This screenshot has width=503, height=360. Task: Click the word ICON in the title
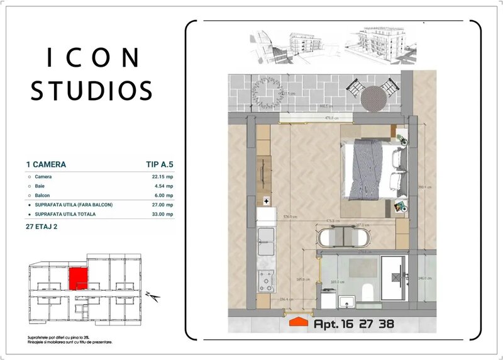93,58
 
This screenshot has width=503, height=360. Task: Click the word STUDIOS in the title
92,90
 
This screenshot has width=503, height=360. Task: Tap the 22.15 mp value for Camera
160,177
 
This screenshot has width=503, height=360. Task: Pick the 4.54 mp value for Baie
162,186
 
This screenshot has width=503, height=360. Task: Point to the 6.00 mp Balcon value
162,196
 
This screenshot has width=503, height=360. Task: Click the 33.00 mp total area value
160,215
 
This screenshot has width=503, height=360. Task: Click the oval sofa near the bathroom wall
343,237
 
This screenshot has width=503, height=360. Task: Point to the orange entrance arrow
299,323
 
